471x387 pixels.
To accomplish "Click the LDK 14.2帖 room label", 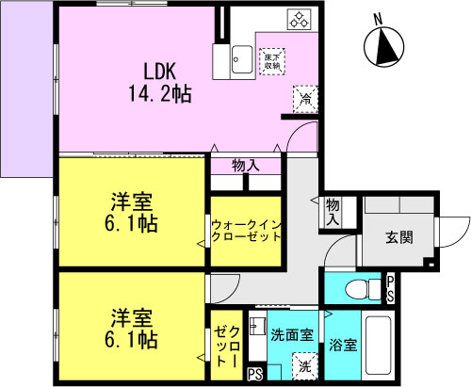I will pyautogui.click(x=161, y=81).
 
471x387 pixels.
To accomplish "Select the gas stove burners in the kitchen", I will pyautogui.click(x=299, y=20).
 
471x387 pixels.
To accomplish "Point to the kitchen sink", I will pyautogui.click(x=238, y=58).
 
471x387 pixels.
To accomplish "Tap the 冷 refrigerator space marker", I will pyautogui.click(x=305, y=97).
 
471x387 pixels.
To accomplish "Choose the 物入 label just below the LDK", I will pyautogui.click(x=246, y=166).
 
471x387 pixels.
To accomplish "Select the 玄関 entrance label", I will pyautogui.click(x=398, y=237).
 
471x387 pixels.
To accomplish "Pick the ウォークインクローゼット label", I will pyautogui.click(x=246, y=232).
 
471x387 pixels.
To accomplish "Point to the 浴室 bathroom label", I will pyautogui.click(x=344, y=345).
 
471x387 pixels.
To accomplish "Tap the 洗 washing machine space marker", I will pyautogui.click(x=304, y=365).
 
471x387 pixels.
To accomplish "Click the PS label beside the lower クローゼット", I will pyautogui.click(x=253, y=375).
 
